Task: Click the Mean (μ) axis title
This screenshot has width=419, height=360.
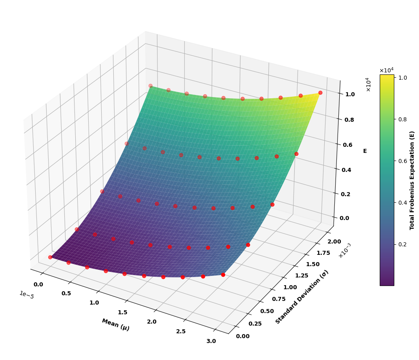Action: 115,324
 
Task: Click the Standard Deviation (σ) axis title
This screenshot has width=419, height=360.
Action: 302,297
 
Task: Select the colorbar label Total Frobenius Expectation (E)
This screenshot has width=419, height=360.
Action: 412,180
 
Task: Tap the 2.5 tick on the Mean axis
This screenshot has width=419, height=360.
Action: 181,331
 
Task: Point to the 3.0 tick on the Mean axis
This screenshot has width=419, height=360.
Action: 211,341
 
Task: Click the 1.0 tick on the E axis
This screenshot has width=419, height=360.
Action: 350,94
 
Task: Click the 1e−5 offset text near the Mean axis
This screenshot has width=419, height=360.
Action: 27,295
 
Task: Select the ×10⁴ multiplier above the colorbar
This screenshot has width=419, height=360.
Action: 386,70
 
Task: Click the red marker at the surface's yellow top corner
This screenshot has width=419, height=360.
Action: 320,93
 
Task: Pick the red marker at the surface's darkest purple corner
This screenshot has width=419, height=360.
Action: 50,257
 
